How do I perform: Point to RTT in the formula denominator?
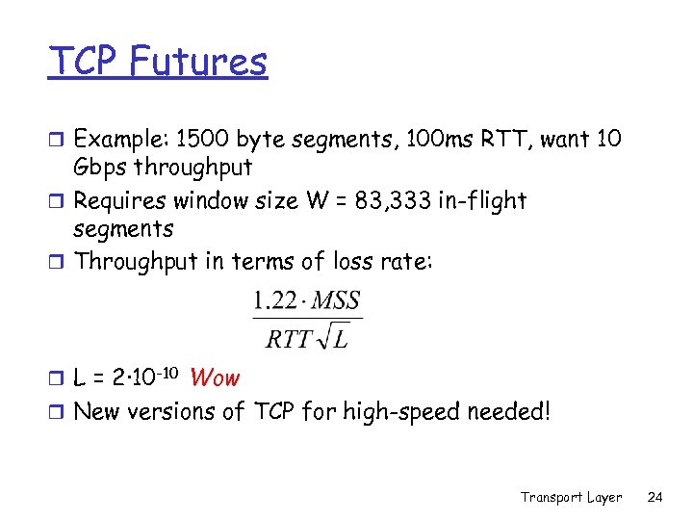tap(286, 339)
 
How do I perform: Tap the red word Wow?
tap(215, 378)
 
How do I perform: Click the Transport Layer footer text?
tap(571, 497)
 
